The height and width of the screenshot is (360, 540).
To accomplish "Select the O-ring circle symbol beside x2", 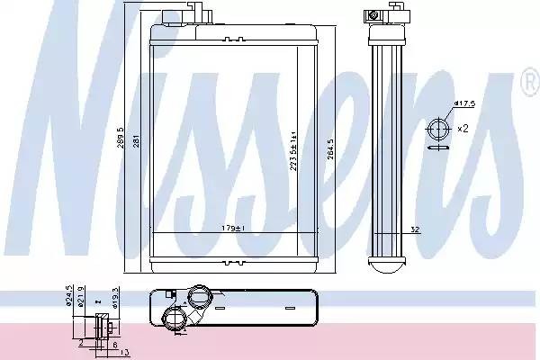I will click(x=440, y=129).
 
